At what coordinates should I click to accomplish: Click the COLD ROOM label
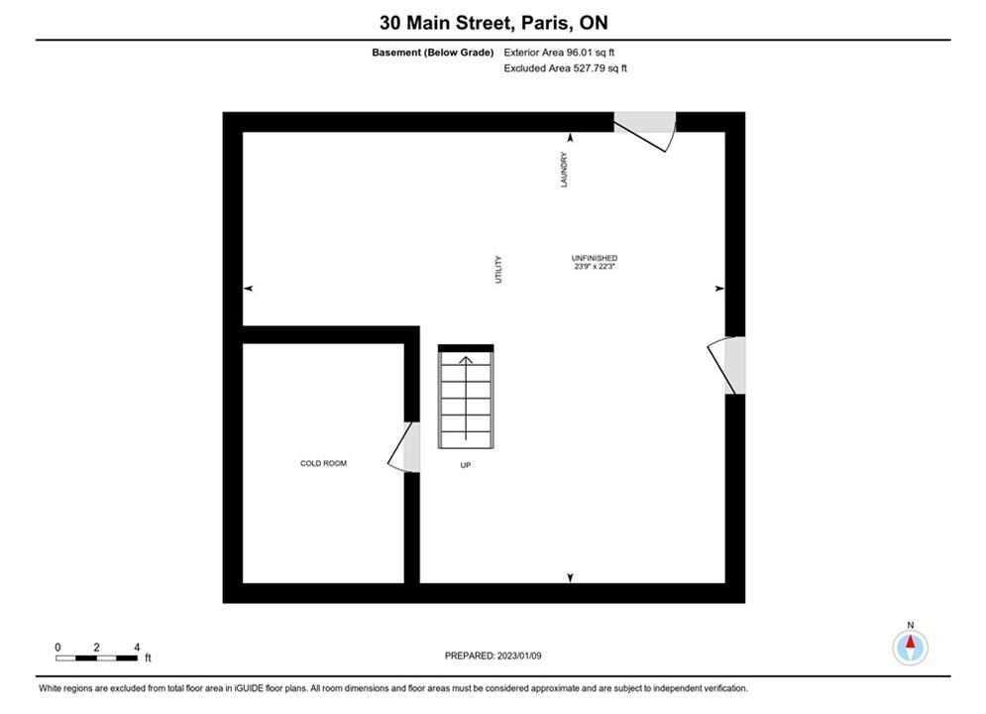[x=323, y=464]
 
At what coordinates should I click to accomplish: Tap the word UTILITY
[x=498, y=270]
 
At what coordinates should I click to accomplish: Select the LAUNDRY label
[x=564, y=170]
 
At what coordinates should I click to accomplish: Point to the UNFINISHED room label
[x=595, y=258]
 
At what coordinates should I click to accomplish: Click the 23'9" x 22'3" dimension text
[x=595, y=266]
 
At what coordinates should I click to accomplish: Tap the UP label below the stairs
[x=466, y=465]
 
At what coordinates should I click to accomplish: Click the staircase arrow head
[x=466, y=360]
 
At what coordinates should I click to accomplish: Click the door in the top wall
[x=645, y=132]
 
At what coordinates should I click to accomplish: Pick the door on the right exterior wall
[x=727, y=366]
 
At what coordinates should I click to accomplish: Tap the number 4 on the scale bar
[x=137, y=648]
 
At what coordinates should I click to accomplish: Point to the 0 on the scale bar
[x=57, y=648]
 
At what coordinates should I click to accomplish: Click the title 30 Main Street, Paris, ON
[x=493, y=23]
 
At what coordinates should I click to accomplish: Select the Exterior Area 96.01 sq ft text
[x=559, y=53]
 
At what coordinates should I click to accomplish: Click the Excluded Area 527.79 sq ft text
[x=565, y=68]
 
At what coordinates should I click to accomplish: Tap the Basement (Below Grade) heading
[x=433, y=53]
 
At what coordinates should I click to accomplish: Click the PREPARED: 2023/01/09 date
[x=493, y=655]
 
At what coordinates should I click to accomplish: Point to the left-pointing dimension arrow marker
[x=249, y=289]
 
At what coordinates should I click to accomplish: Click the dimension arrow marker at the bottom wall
[x=571, y=578]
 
